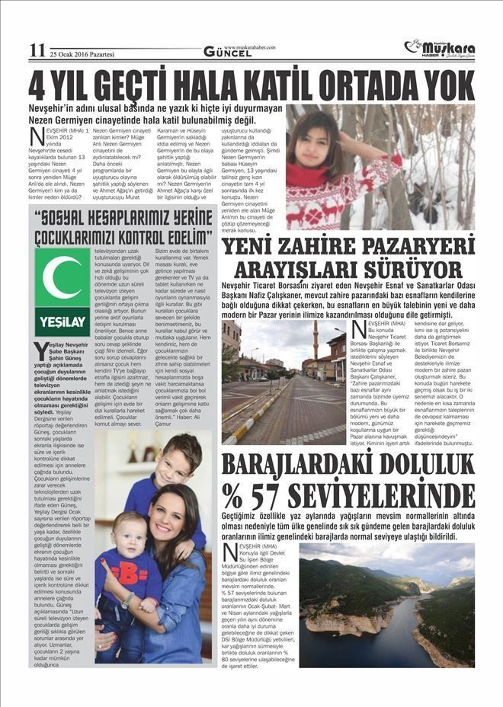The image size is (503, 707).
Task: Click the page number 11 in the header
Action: [37, 50]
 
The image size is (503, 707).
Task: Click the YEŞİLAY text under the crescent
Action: [62, 322]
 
